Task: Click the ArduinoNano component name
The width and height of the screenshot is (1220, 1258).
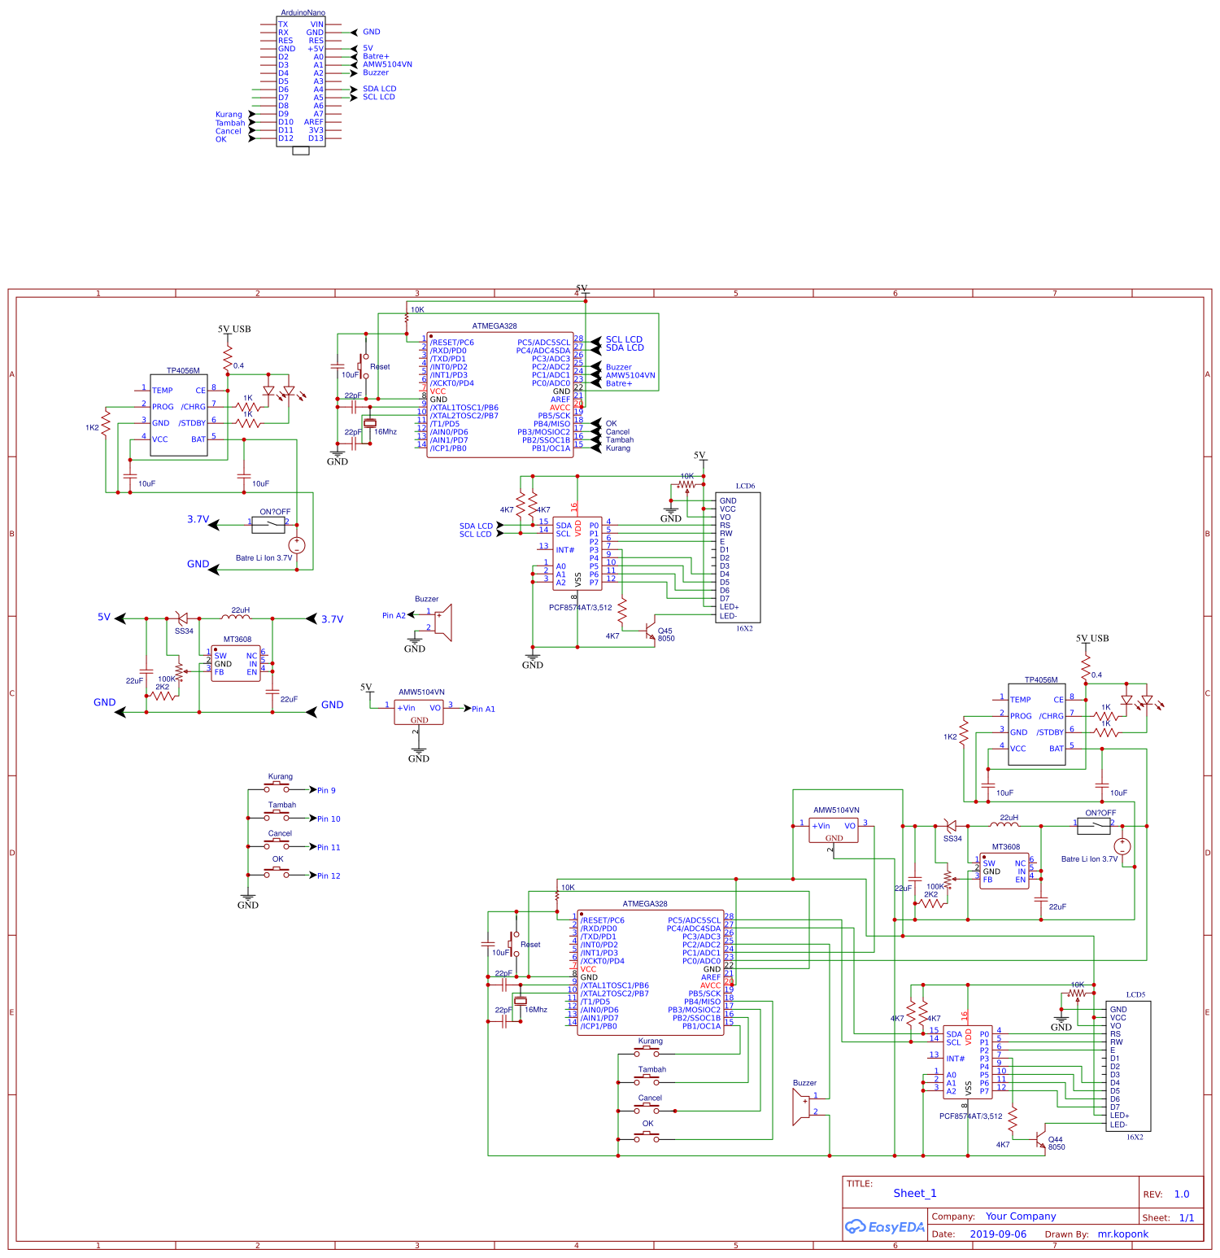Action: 303,13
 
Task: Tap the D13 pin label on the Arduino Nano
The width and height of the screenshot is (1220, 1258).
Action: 316,138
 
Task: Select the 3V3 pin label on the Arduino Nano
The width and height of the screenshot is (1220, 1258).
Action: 316,130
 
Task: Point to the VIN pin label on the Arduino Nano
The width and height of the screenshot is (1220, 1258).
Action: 316,24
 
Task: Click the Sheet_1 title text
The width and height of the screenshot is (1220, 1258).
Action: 915,1194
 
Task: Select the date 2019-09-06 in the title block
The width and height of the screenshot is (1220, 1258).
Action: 998,1234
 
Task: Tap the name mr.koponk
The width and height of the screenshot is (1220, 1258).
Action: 1123,1234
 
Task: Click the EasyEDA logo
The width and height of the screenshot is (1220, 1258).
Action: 885,1227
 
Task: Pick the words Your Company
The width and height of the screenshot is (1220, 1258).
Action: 1021,1217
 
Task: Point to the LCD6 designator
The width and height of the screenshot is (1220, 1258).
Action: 745,487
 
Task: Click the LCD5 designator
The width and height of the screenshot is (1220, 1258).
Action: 1135,995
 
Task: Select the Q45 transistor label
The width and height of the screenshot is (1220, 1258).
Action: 665,631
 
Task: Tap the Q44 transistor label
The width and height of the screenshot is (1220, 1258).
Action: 1056,1139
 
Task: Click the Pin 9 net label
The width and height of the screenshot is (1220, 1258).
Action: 326,791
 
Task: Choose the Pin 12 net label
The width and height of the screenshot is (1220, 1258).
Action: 329,876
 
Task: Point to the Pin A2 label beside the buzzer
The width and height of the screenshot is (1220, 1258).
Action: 394,616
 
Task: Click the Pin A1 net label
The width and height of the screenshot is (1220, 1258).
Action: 483,710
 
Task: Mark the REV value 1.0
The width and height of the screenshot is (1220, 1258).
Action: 1182,1195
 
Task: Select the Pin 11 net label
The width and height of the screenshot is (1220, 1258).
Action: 329,848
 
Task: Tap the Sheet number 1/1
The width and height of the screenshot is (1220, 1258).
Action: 1187,1218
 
